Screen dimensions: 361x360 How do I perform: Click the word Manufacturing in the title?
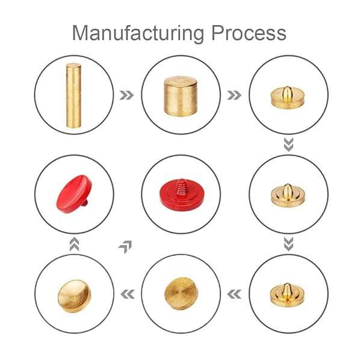point(138,33)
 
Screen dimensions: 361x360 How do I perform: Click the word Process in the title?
point(248,33)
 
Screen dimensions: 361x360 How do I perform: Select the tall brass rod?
point(73,95)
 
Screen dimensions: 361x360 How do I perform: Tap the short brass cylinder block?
point(180,96)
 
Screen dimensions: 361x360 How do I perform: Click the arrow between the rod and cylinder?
point(126,95)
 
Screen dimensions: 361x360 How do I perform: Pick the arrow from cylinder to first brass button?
point(234,95)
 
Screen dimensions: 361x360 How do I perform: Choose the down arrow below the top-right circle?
point(288,145)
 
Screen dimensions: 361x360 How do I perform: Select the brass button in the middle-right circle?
point(288,195)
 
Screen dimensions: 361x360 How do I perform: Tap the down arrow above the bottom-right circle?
point(288,244)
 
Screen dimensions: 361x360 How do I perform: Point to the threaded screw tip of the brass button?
point(287,288)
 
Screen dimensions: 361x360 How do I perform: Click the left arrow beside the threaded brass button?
point(234,294)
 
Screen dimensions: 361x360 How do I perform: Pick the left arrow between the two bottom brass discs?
point(128,294)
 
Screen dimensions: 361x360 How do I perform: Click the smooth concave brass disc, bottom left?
point(74,296)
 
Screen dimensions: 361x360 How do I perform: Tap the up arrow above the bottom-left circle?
point(74,244)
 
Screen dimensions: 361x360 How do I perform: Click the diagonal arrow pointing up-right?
point(126,246)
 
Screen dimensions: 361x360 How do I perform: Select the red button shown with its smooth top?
point(74,194)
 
